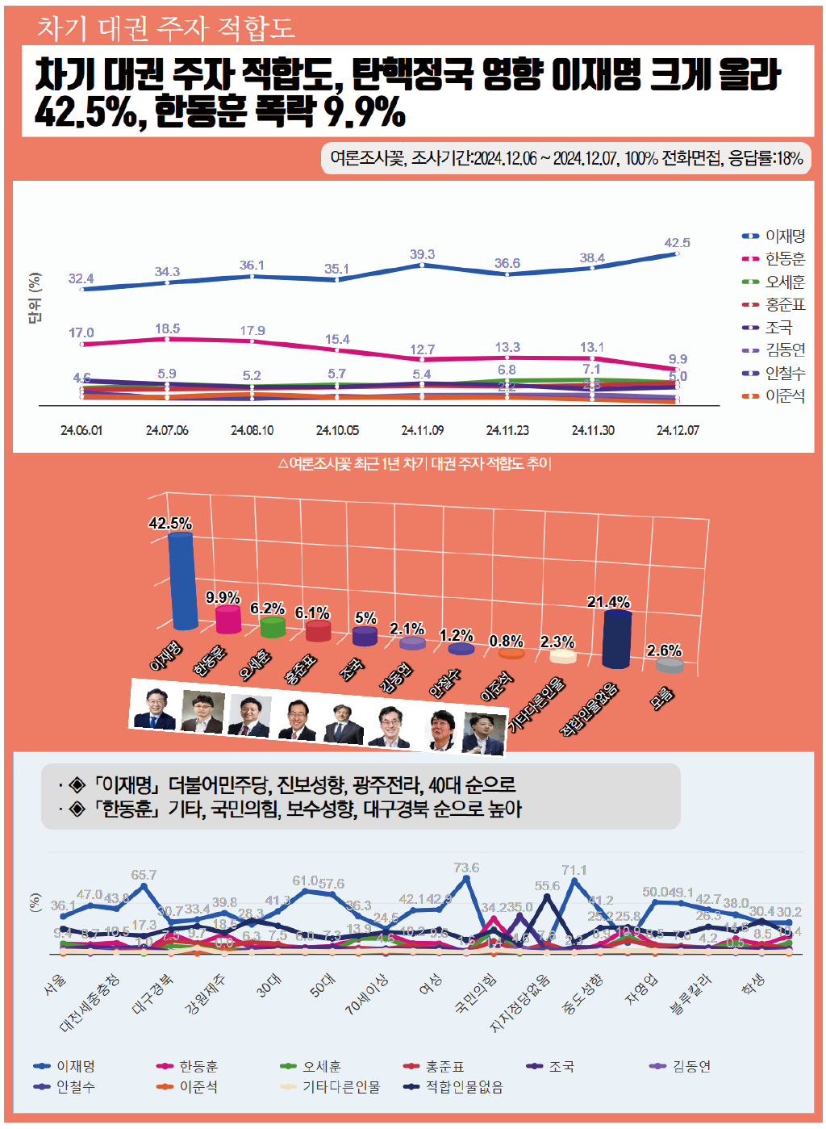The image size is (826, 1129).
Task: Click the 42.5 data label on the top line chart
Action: pos(677,243)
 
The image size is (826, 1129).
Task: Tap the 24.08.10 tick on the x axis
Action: pos(252,431)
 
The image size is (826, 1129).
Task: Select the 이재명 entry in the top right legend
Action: pos(785,236)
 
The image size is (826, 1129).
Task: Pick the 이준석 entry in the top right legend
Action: pos(785,396)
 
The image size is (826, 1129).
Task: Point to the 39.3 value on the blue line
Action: pos(422,254)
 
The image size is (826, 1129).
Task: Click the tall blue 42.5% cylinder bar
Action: pos(183,580)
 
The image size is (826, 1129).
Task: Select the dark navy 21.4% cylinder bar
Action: pos(617,639)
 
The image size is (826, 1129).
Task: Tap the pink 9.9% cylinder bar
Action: pos(228,619)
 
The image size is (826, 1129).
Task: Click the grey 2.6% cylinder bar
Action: pos(670,665)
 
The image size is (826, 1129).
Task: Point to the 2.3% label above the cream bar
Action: pos(557,642)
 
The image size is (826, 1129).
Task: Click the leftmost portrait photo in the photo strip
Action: pos(155,709)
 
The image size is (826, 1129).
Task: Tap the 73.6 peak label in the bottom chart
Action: pos(466,868)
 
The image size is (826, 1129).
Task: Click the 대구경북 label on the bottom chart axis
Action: pos(152,993)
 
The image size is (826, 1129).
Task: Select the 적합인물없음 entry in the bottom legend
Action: pos(464,1087)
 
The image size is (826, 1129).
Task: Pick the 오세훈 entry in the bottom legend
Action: pos(321,1067)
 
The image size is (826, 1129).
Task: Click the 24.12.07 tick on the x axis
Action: pos(678,431)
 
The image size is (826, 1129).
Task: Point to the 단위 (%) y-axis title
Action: pos(35,298)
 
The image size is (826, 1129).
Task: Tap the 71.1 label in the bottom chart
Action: pos(574,870)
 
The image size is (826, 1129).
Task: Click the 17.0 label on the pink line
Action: pos(81,333)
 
